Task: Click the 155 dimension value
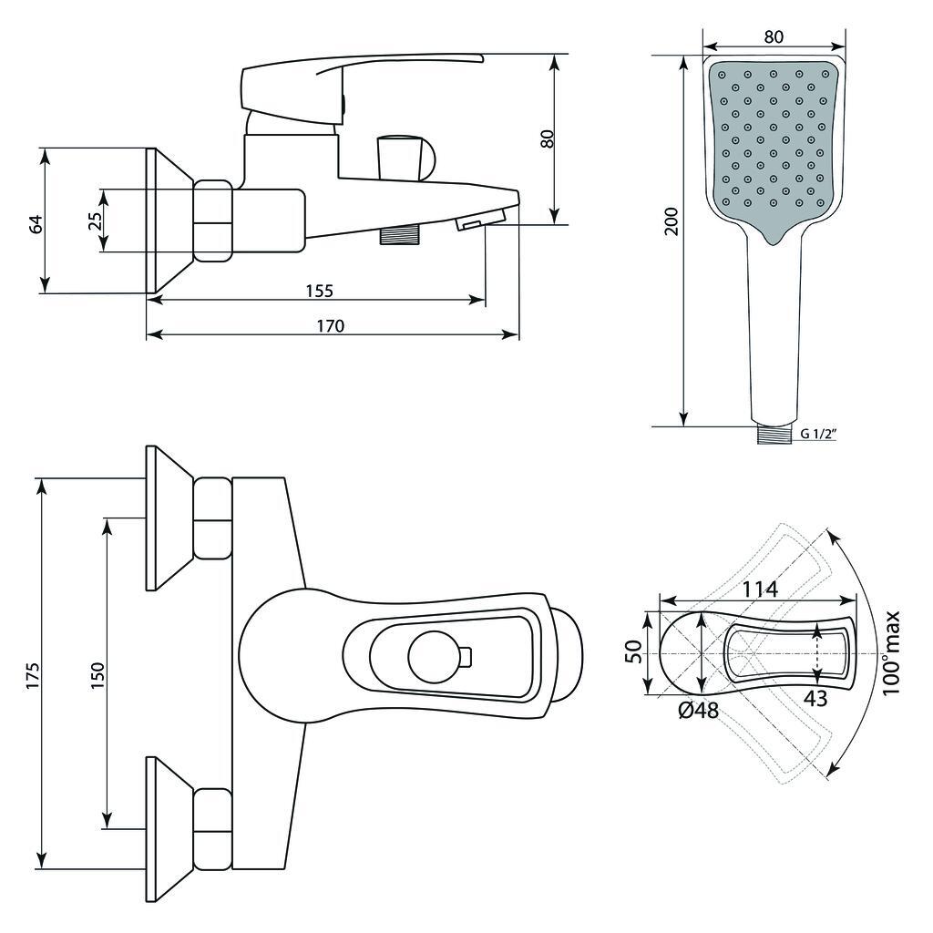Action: point(320,291)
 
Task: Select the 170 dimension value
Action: point(330,326)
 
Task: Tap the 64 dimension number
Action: point(36,224)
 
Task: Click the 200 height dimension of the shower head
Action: point(672,221)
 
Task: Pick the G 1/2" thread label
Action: point(818,434)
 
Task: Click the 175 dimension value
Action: point(32,675)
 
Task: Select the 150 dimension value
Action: point(97,675)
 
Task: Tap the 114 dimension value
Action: point(760,590)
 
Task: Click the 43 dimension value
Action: point(815,698)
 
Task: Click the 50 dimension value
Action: point(634,651)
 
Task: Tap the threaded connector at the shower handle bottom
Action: point(774,434)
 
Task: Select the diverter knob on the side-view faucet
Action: point(405,157)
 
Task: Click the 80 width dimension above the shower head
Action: point(773,36)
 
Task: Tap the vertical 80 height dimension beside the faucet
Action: point(549,138)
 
